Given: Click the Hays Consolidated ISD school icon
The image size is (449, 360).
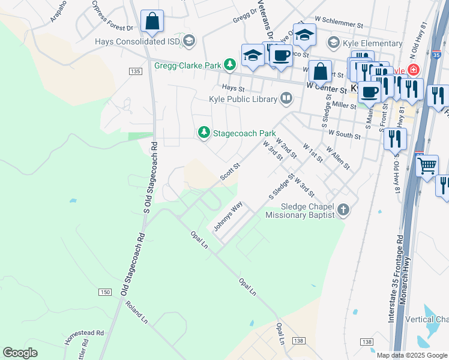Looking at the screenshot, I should (x=190, y=41).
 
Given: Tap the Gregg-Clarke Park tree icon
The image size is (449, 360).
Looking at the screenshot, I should (x=229, y=64).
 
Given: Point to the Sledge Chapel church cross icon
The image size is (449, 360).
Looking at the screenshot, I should (x=343, y=209).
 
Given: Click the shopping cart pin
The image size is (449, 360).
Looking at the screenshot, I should (x=427, y=165).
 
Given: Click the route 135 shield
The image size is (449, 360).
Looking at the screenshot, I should (x=135, y=71).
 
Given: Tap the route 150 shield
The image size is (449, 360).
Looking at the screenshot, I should (x=105, y=292).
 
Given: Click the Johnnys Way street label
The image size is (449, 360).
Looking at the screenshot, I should (x=228, y=217).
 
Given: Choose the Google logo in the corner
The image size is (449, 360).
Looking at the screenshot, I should (x=20, y=353).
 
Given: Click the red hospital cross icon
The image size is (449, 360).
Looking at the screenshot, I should (x=413, y=70).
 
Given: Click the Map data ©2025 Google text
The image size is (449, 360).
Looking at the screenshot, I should (x=412, y=355).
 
